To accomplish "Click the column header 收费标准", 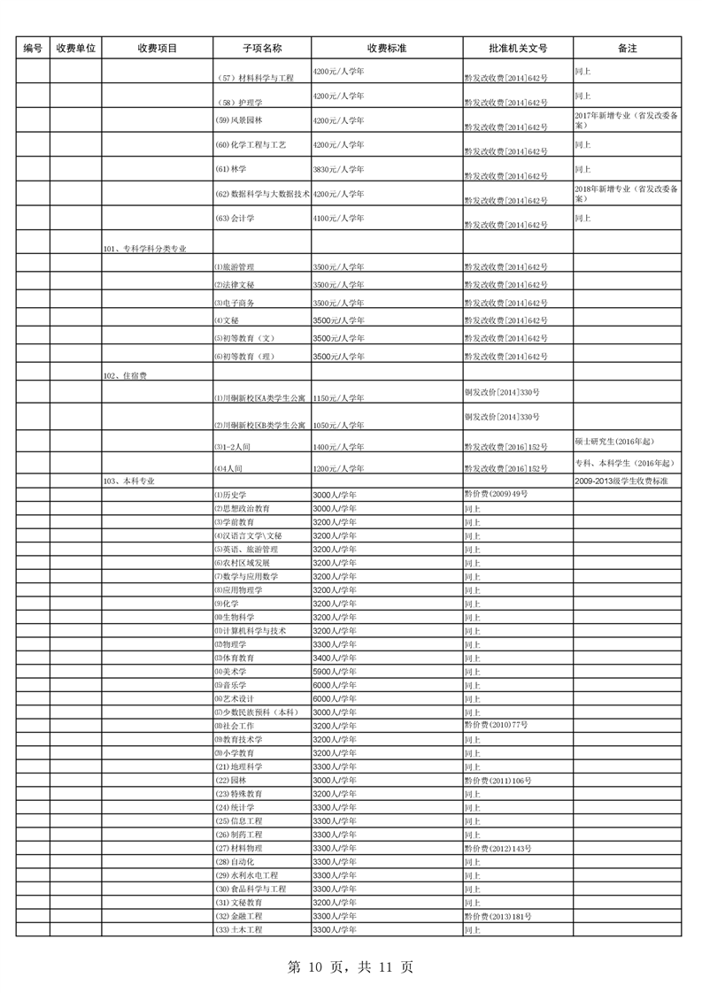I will coord(386,49).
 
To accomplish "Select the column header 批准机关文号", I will coord(517,49).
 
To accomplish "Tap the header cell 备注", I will coord(627,49).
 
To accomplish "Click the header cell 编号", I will coord(33,49).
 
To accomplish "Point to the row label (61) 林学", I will coord(230,169).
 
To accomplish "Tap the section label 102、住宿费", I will coord(125,376).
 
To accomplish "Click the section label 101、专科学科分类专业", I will coord(144,250).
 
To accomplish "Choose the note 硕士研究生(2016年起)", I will coord(613,441).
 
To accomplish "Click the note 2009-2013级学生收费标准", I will coord(620,481).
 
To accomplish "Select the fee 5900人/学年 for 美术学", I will coord(335,672).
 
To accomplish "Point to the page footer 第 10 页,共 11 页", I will coord(351,967).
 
